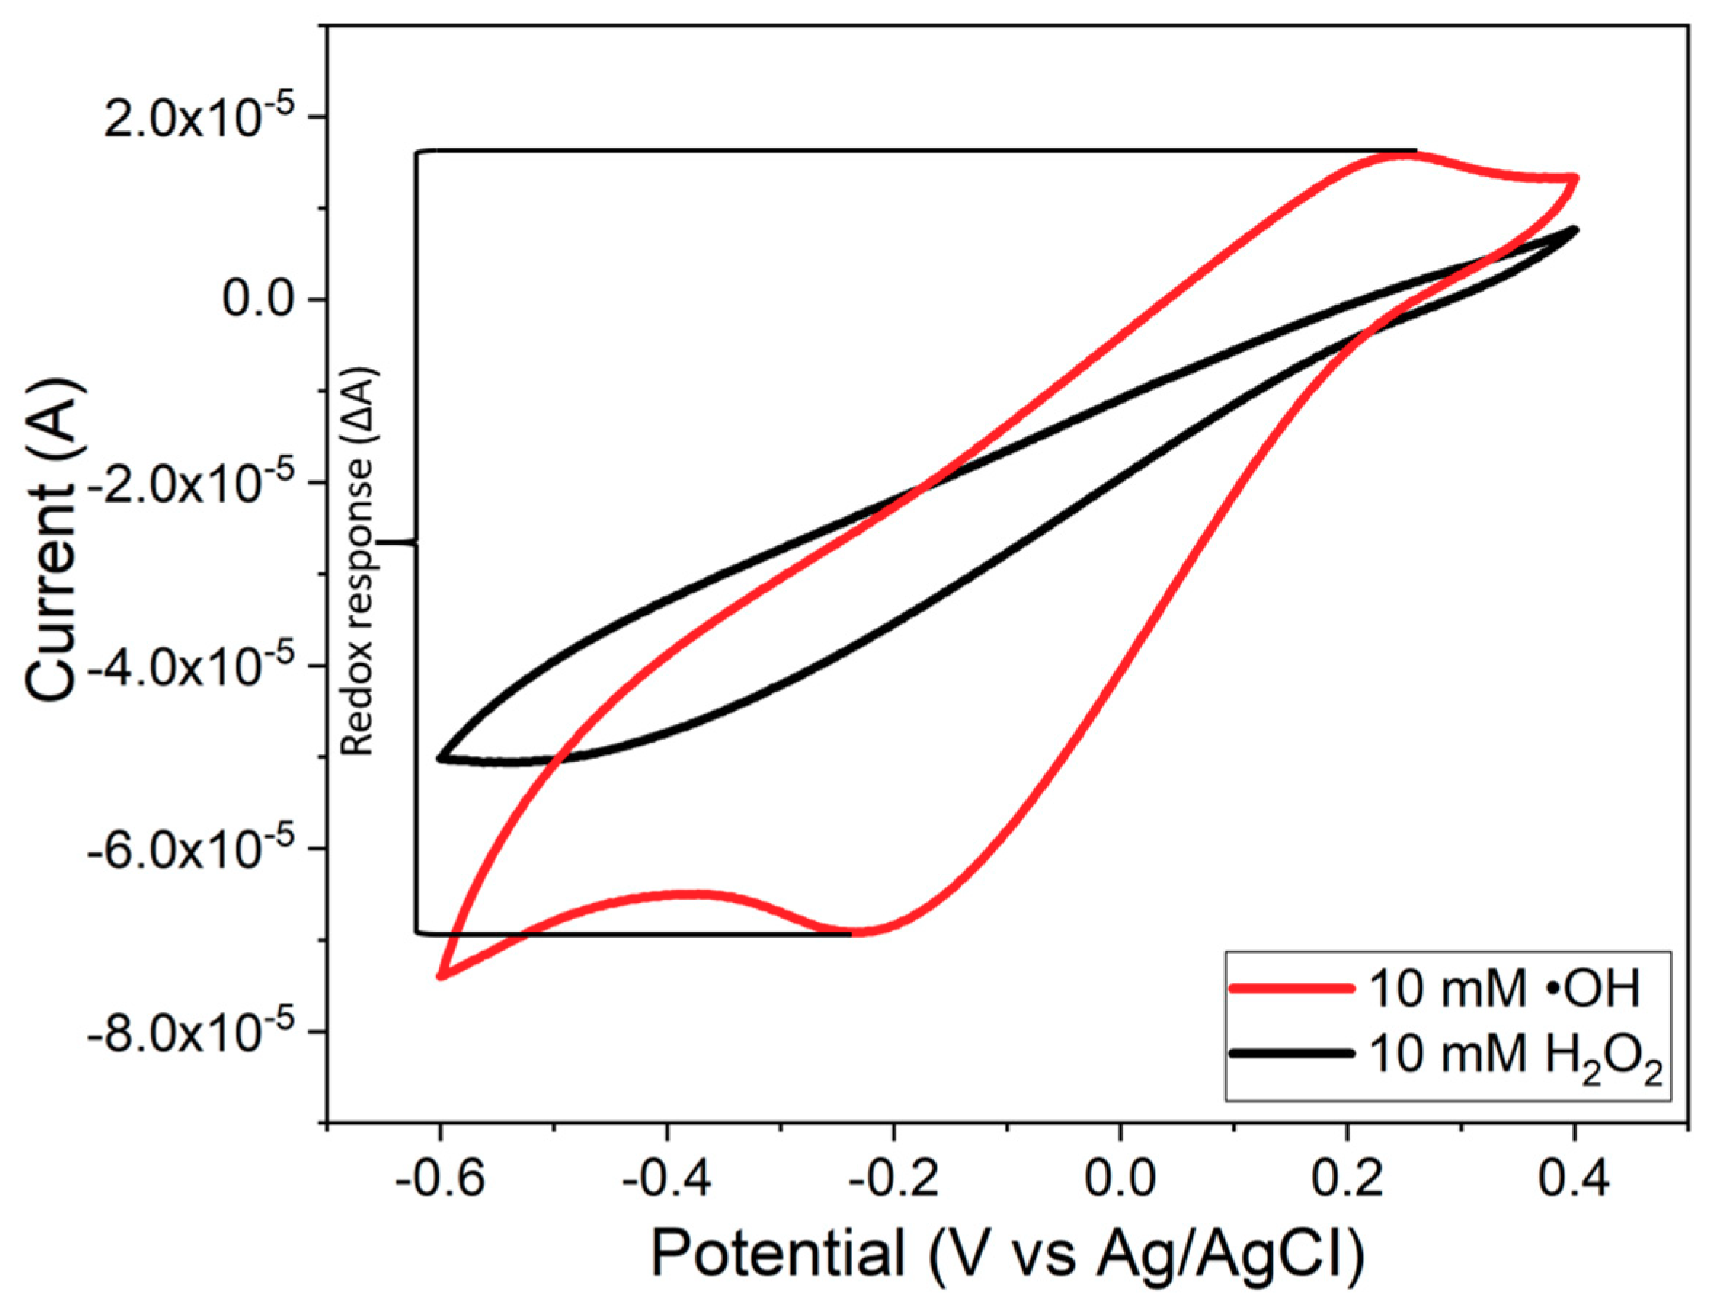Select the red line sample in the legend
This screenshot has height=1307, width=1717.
(1292, 990)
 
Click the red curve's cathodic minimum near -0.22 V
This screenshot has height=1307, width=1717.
(863, 931)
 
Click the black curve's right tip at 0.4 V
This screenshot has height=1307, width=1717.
(1574, 230)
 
